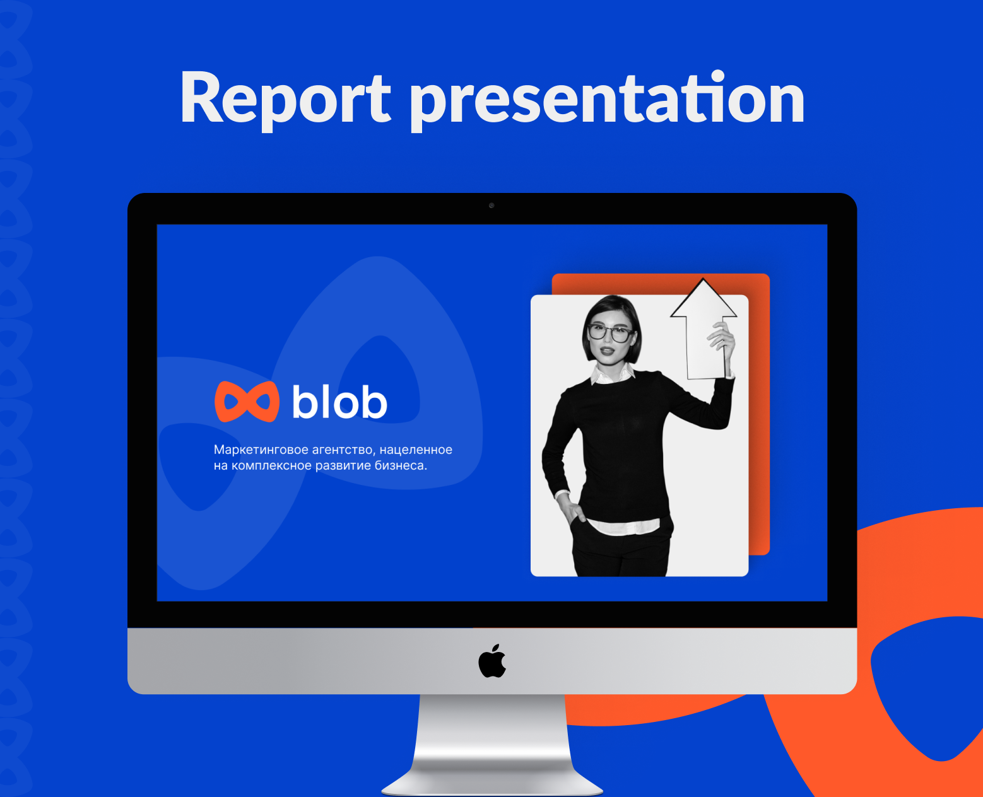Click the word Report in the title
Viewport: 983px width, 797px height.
[x=285, y=99]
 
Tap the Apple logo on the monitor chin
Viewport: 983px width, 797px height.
[x=492, y=661]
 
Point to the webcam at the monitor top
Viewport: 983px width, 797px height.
[x=491, y=206]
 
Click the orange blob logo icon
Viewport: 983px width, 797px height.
[x=247, y=402]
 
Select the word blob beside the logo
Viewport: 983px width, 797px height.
[x=339, y=402]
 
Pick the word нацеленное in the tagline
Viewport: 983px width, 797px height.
[x=416, y=450]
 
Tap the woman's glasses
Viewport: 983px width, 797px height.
[x=610, y=332]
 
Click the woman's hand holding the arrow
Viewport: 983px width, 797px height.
[x=723, y=337]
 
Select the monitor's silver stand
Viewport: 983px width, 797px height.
[x=492, y=744]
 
